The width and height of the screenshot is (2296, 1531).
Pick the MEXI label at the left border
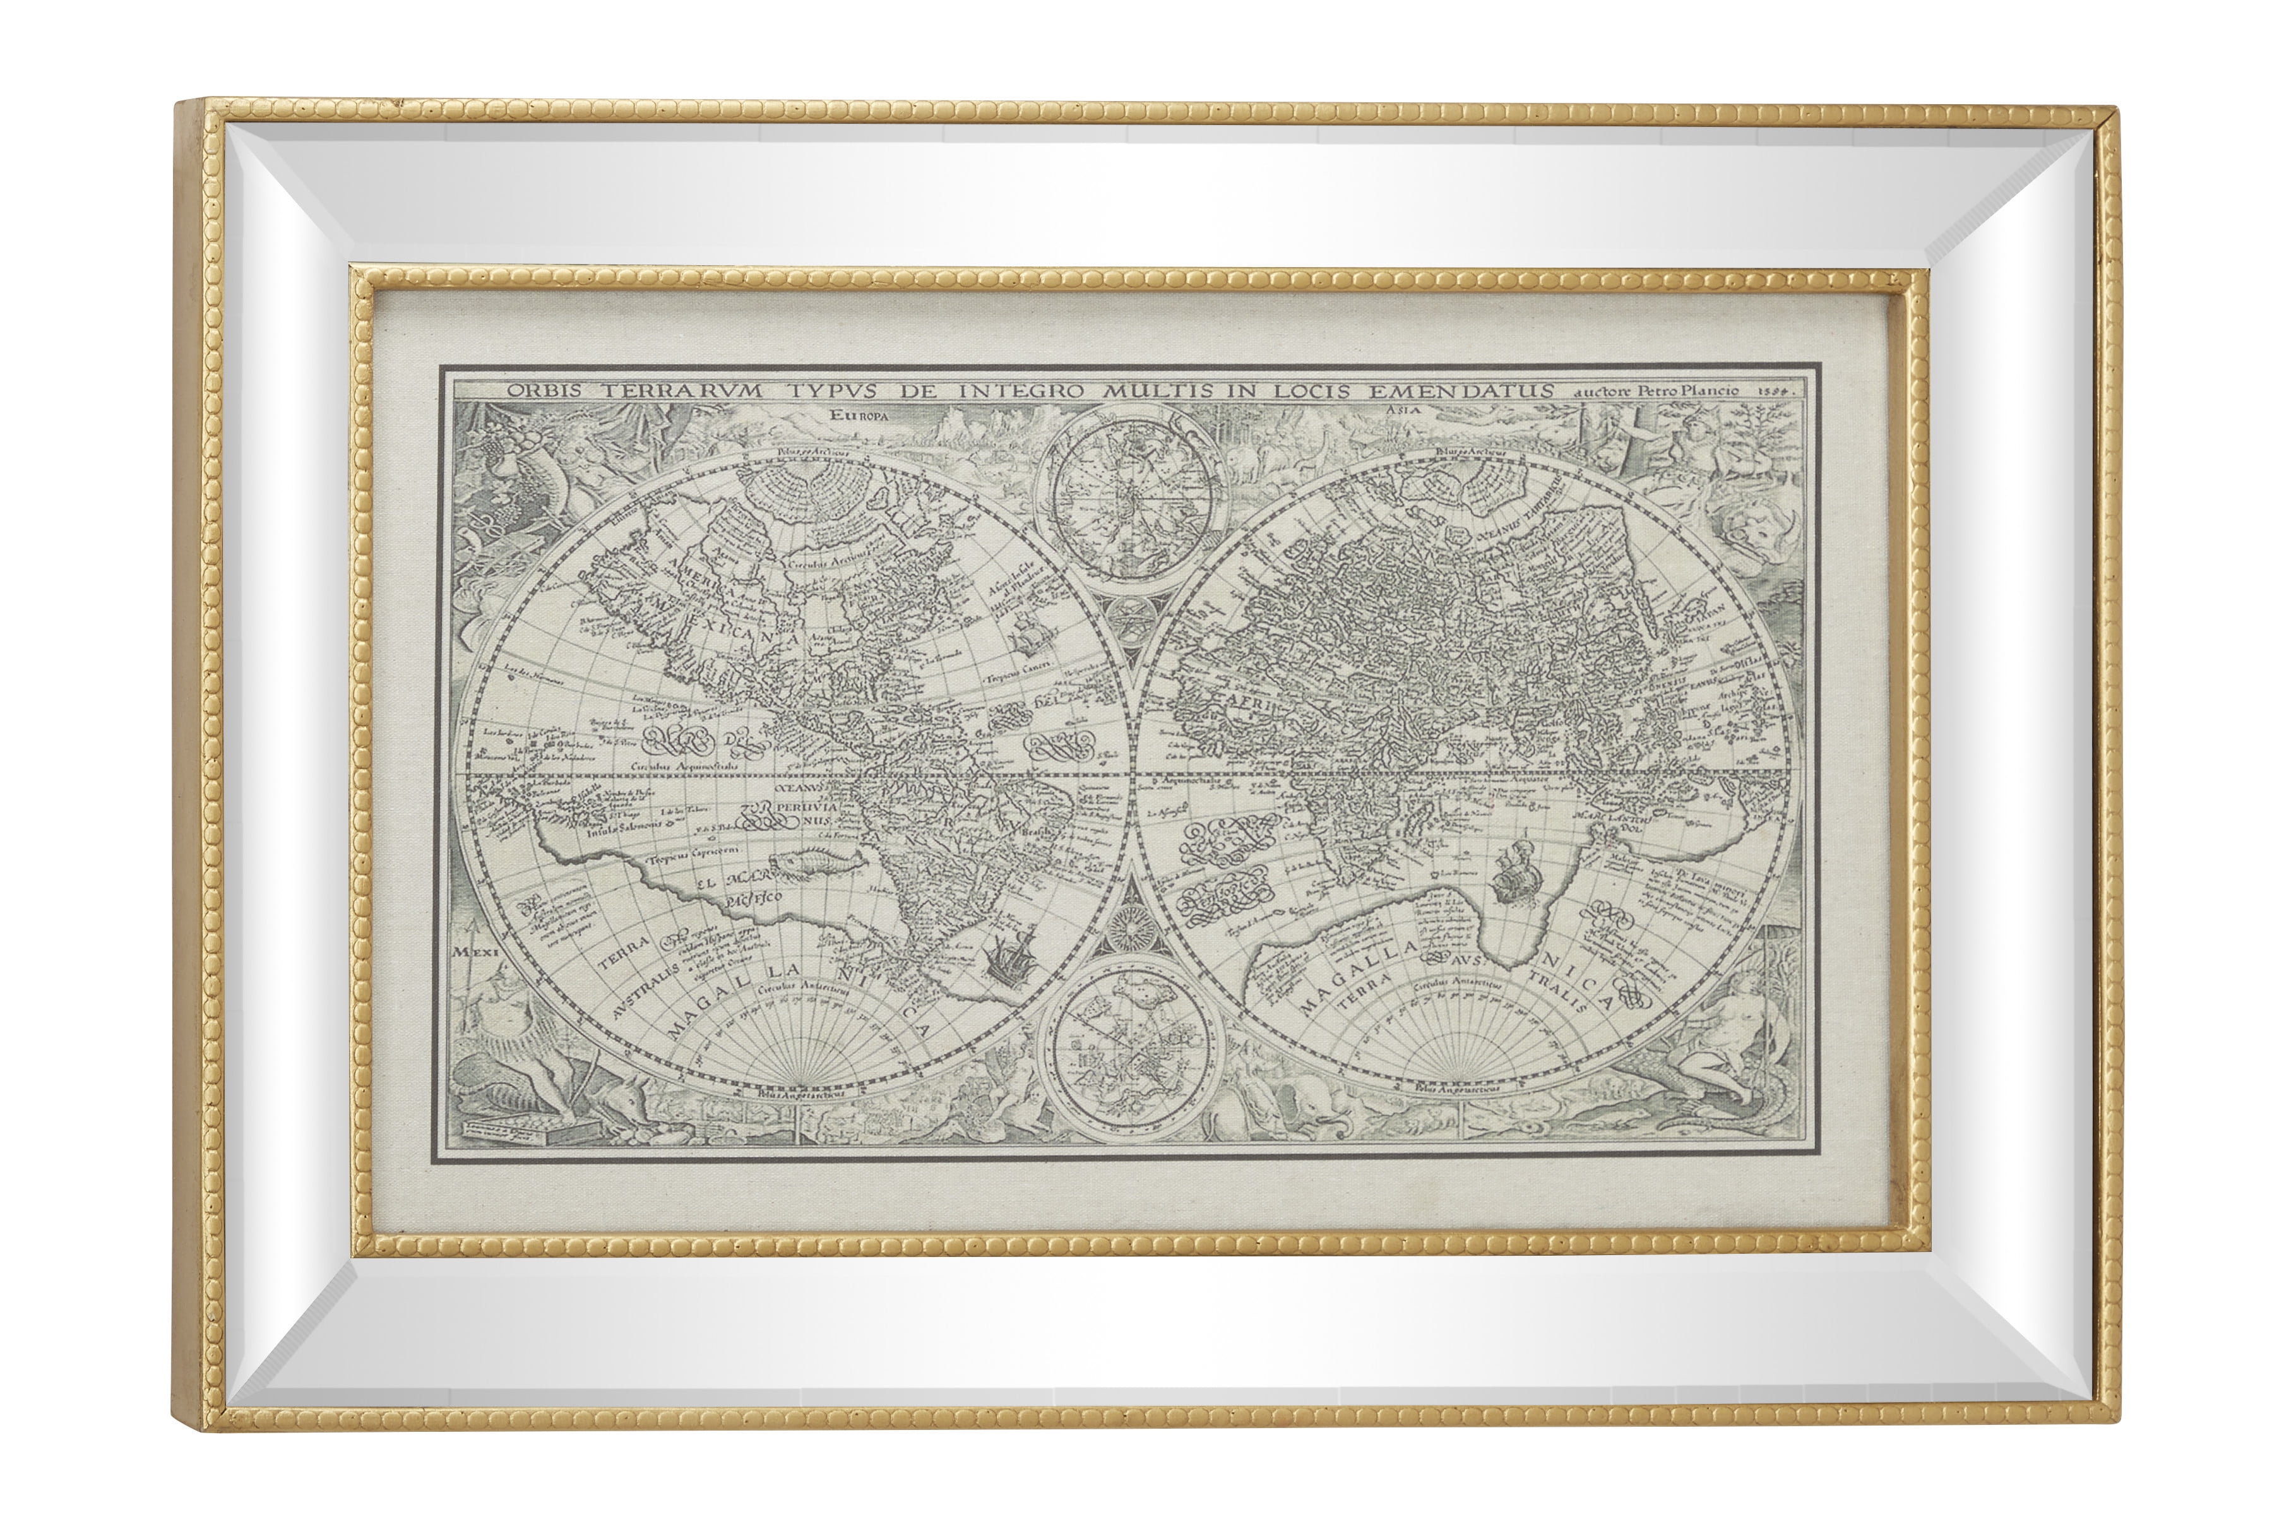click(x=477, y=949)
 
